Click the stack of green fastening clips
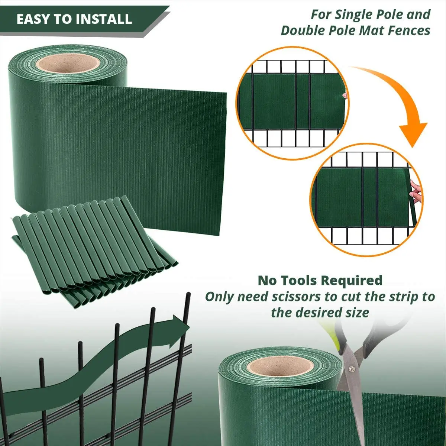pos(93,253)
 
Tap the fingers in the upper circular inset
pos(344,96)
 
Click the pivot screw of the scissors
pos(351,369)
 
